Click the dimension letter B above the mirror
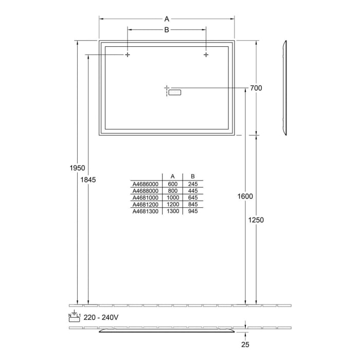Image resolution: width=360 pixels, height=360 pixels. coord(167,30)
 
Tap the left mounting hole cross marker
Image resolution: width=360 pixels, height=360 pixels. coord(127,55)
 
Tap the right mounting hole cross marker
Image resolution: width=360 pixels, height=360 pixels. coord(206,55)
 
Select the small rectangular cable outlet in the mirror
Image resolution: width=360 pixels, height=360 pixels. coord(175,93)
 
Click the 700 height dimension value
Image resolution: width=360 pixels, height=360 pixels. coord(256,88)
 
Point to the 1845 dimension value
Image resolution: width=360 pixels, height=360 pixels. coord(88,179)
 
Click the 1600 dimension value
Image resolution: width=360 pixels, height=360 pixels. coord(245,196)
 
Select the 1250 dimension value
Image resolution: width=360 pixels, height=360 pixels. coord(256,220)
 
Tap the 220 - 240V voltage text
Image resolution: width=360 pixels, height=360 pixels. coord(102,317)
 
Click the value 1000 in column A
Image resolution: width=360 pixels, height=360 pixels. coord(173,197)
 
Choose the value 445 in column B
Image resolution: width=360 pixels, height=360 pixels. coord(193,191)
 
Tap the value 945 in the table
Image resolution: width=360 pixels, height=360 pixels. coord(193,211)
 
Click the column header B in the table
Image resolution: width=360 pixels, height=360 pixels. coord(192,176)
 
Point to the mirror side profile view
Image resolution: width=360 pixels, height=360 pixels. coord(284,88)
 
